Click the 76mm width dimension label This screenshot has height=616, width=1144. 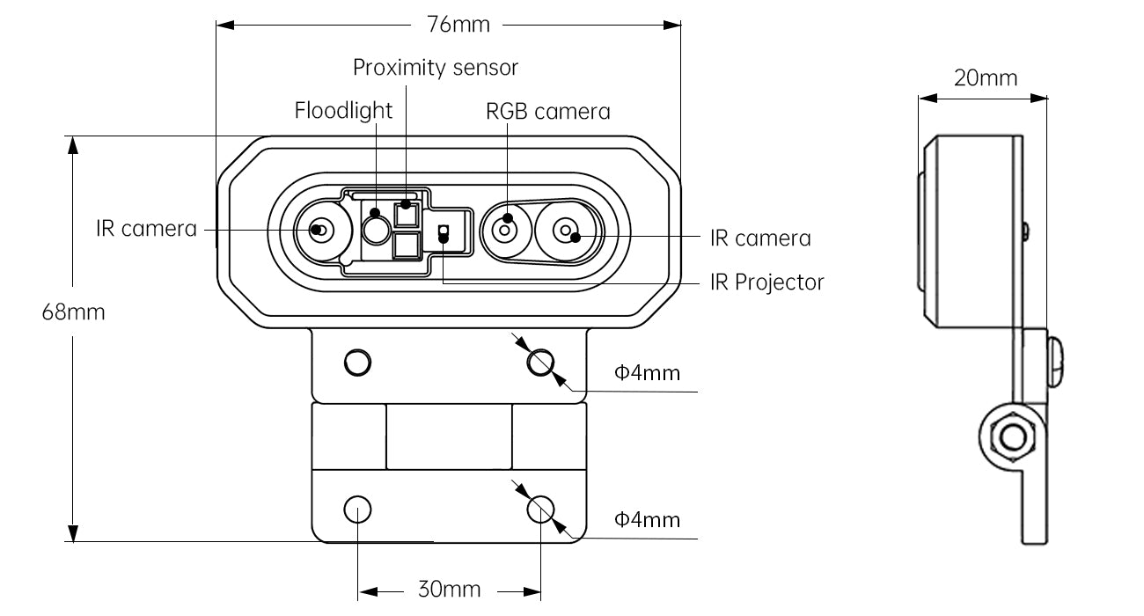[x=458, y=25]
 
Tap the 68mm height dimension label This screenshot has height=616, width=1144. [x=74, y=312]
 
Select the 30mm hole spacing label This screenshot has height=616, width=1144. [x=450, y=590]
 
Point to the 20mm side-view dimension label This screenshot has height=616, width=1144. [x=986, y=78]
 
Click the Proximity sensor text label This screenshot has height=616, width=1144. [x=436, y=68]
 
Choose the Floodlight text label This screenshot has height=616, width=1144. [x=343, y=111]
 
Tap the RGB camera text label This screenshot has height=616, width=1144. [x=548, y=112]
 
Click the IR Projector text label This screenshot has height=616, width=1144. [x=767, y=282]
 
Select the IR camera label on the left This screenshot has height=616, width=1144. [x=147, y=229]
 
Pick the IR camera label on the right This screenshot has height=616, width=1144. [x=760, y=238]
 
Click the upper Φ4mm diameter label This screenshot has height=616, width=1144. [x=647, y=373]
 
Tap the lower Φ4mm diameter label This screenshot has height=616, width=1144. [x=647, y=520]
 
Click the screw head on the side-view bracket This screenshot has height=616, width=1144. [x=1055, y=362]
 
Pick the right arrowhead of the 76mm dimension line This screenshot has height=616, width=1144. [x=672, y=25]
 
